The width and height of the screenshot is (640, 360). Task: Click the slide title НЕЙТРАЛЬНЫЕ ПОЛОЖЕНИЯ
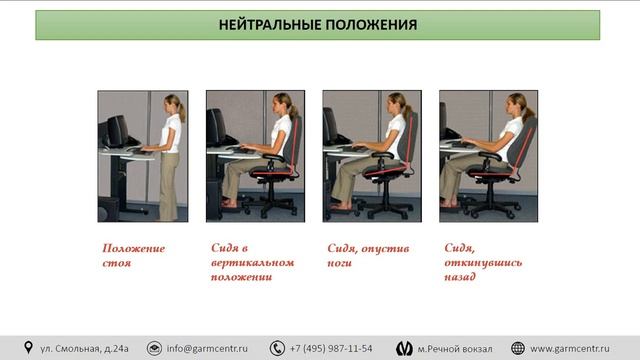[317, 25]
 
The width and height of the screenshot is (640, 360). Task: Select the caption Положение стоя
[133, 256]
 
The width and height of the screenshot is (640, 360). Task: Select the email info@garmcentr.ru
[214, 348]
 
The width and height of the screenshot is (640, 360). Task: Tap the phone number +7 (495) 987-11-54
[331, 348]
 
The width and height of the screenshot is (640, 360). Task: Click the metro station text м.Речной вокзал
[455, 348]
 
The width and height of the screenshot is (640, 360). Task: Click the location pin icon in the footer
[28, 348]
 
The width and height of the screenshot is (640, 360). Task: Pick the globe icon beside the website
[517, 348]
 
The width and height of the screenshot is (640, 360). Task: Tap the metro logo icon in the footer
[403, 348]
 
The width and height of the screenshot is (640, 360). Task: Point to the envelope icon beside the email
[155, 348]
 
